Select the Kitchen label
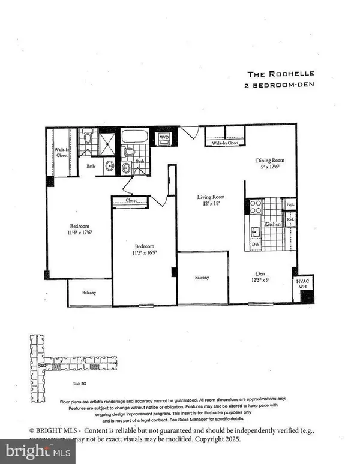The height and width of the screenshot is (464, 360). [x=273, y=224]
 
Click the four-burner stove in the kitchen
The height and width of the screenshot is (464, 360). [x=255, y=207]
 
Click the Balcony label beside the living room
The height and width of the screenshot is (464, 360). [x=202, y=278]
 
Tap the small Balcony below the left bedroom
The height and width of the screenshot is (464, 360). [x=81, y=293]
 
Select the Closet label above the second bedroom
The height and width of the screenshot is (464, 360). [x=132, y=201]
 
